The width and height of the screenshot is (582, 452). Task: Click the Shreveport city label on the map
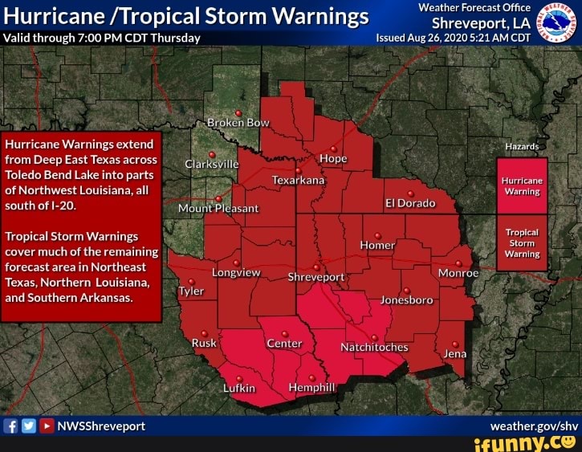point(315,278)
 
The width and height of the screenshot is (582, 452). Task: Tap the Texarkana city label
point(299,181)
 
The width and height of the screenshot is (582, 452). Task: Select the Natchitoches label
point(374,348)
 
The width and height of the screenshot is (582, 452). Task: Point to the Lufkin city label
point(238,388)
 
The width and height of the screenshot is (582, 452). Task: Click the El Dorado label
point(410,203)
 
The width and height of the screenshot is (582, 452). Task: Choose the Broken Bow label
point(238,123)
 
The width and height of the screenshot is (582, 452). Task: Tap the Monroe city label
point(458,273)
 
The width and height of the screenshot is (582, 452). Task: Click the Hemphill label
point(311,388)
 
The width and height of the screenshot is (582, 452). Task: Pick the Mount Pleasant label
point(218,208)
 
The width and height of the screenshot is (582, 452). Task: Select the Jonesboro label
point(406,300)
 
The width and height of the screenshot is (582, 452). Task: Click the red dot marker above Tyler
point(191,281)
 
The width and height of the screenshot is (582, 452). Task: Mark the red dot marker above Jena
point(455,343)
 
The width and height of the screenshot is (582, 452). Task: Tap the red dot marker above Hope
point(333,149)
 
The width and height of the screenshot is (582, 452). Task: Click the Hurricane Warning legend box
point(522,186)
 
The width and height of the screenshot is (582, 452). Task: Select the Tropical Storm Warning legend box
point(522,242)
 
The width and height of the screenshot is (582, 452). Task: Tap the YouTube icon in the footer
point(47,426)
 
